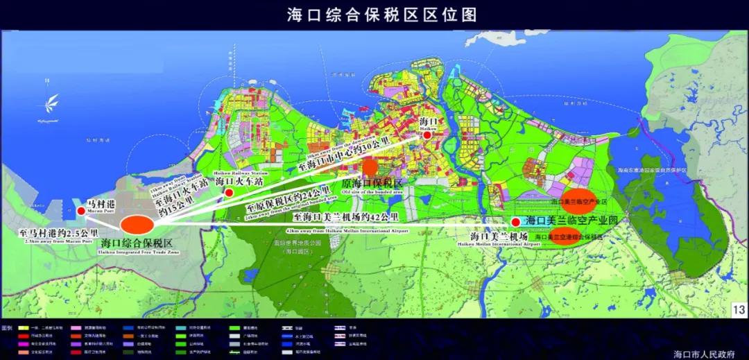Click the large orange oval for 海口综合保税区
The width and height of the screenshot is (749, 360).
(137, 225)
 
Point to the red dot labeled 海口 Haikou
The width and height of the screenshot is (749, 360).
(427, 137)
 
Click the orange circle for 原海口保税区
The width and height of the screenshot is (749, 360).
(370, 166)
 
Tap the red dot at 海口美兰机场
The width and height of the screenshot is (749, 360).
(515, 221)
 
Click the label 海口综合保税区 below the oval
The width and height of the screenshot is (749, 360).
(136, 243)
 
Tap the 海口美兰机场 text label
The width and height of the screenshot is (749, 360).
(499, 237)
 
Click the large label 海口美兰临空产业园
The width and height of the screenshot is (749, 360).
(571, 220)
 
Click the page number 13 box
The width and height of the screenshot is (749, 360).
(738, 309)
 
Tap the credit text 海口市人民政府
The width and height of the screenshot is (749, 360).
(704, 354)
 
